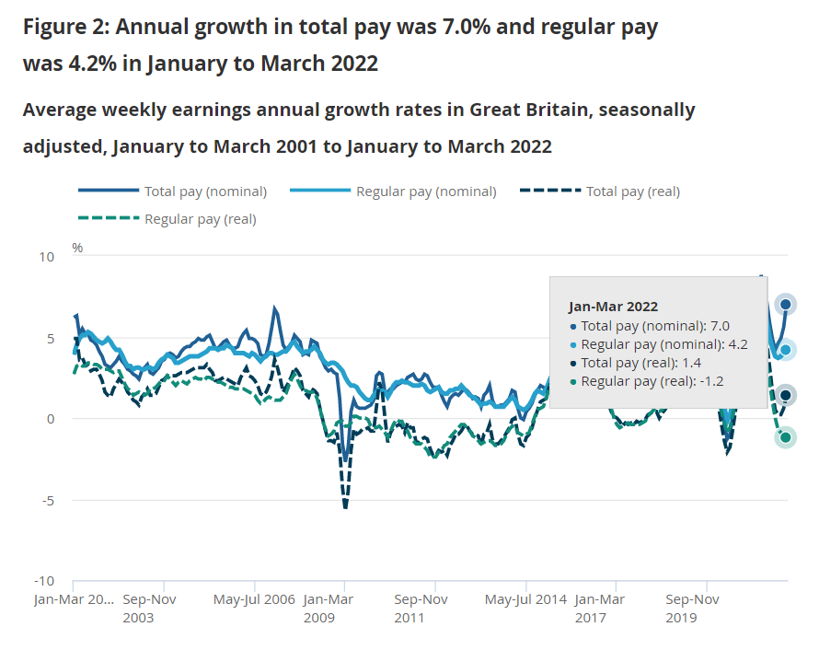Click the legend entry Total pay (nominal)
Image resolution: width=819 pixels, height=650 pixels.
point(204,192)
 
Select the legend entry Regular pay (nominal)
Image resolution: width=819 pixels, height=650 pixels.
point(425,192)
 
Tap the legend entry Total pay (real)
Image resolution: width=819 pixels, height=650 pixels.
point(632,192)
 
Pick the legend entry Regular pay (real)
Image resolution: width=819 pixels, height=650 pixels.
point(200,219)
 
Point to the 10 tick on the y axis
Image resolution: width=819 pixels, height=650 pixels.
point(46,256)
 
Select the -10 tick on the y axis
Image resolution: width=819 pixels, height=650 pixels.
point(44,582)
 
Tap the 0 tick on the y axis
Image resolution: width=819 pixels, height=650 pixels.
point(51,419)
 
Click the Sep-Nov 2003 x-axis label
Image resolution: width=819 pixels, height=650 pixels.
point(148,608)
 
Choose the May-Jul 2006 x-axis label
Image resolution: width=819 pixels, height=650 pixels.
point(255,599)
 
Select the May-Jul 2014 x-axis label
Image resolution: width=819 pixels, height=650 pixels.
point(526,599)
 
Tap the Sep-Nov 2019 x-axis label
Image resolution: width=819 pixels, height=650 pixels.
point(692,608)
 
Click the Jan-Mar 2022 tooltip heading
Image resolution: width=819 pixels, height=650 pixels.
point(613,307)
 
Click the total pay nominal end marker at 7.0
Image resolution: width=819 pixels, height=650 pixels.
point(785,305)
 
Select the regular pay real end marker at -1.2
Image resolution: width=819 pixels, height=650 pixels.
point(786,438)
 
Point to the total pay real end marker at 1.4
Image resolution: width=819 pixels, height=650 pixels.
point(786,396)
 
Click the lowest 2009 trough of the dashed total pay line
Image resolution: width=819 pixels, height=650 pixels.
point(346,506)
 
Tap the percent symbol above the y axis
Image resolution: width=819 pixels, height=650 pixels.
point(77,248)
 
